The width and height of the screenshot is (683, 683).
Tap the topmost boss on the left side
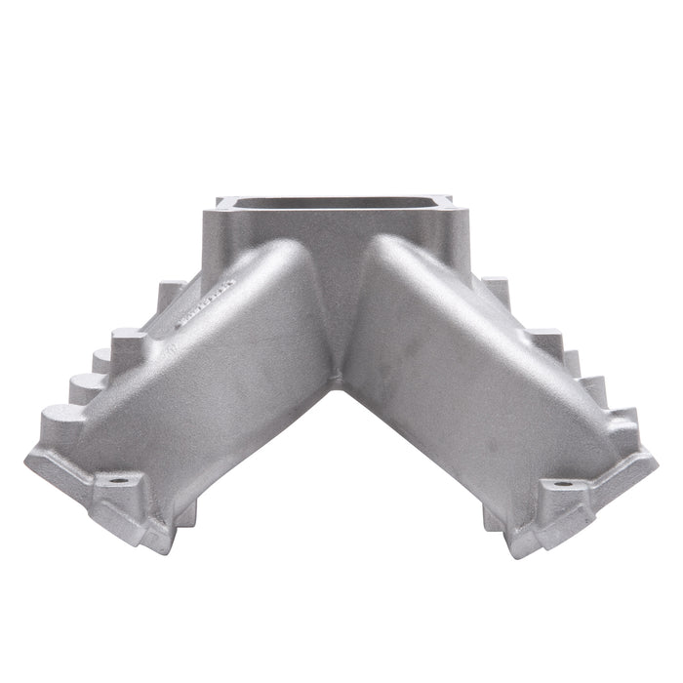173,289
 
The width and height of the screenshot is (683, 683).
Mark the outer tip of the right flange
655,459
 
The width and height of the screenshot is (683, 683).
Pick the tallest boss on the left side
131,343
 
